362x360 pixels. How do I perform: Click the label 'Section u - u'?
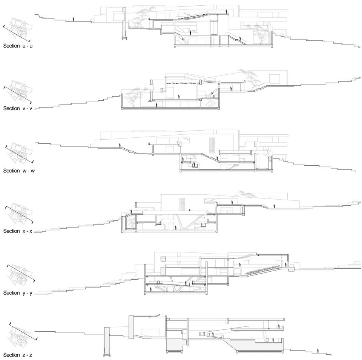tap(18, 46)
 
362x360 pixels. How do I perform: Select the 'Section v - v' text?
tap(18, 108)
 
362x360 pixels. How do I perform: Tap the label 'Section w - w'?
tap(19, 171)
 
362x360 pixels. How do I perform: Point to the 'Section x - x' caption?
tap(18, 231)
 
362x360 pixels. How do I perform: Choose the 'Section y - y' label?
tap(18, 293)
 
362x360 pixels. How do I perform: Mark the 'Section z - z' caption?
tap(18, 355)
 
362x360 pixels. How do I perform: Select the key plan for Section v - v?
tap(18, 92)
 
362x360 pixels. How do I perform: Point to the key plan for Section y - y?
tap(21, 276)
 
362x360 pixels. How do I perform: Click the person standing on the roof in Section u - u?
tap(227, 11)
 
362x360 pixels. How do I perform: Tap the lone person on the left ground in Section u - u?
tap(73, 19)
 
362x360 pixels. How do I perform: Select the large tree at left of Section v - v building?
tap(134, 96)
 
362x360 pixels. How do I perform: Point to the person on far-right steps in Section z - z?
tap(318, 351)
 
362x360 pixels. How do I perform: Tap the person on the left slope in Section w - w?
tap(120, 146)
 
